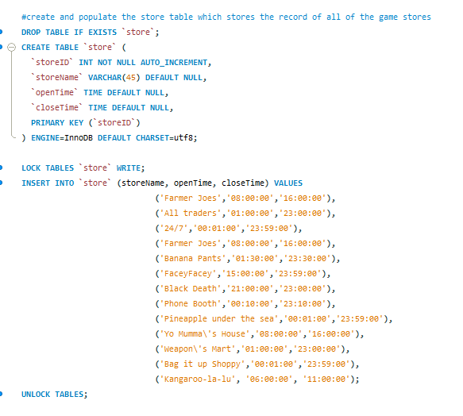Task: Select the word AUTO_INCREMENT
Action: tap(175, 62)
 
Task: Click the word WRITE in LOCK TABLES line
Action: tap(129, 168)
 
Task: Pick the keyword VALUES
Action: tap(286, 183)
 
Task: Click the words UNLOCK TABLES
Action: tap(53, 394)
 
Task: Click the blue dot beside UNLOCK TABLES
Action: tap(9, 394)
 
